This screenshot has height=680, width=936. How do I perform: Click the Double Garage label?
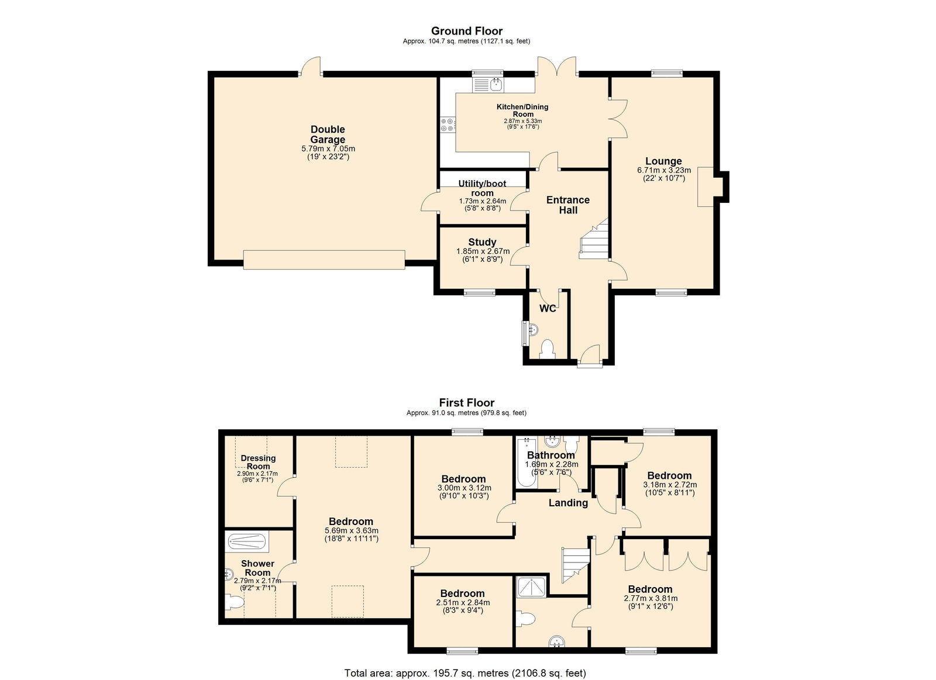coord(328,134)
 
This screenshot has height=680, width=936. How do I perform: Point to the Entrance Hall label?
coord(568,205)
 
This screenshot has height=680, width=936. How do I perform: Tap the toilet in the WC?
coord(547,349)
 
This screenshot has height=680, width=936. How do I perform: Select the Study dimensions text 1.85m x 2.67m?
coord(483,251)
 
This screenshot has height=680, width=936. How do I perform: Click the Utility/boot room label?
coord(482,188)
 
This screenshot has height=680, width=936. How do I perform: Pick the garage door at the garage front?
coord(324,260)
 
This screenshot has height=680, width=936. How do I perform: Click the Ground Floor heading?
coord(467,31)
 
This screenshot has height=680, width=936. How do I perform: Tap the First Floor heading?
coord(467,403)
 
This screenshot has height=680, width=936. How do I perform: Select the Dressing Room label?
coord(258,462)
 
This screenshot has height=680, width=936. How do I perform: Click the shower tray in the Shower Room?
coord(247,542)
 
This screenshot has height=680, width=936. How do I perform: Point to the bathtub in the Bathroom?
coord(526,462)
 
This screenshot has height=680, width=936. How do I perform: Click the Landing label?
coord(568,503)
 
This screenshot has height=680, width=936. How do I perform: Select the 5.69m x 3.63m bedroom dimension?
coord(352,531)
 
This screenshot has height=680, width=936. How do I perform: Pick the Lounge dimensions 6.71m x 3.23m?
coord(664,170)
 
